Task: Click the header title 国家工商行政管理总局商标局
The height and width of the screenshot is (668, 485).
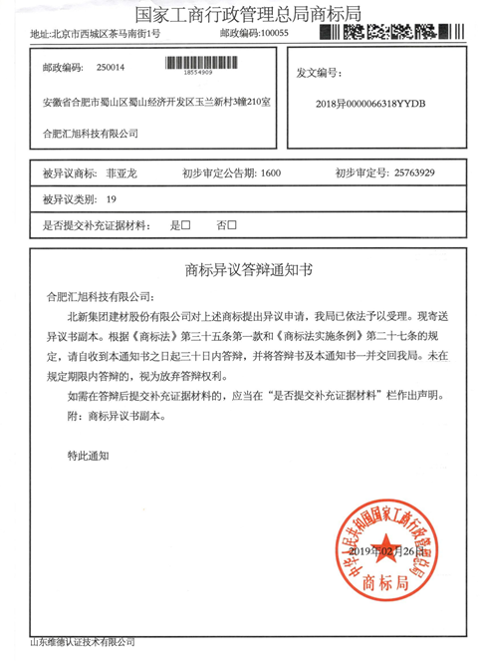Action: pos(242,13)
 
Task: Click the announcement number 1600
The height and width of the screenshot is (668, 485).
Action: pos(270,173)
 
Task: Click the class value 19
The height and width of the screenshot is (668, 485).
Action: pos(110,199)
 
